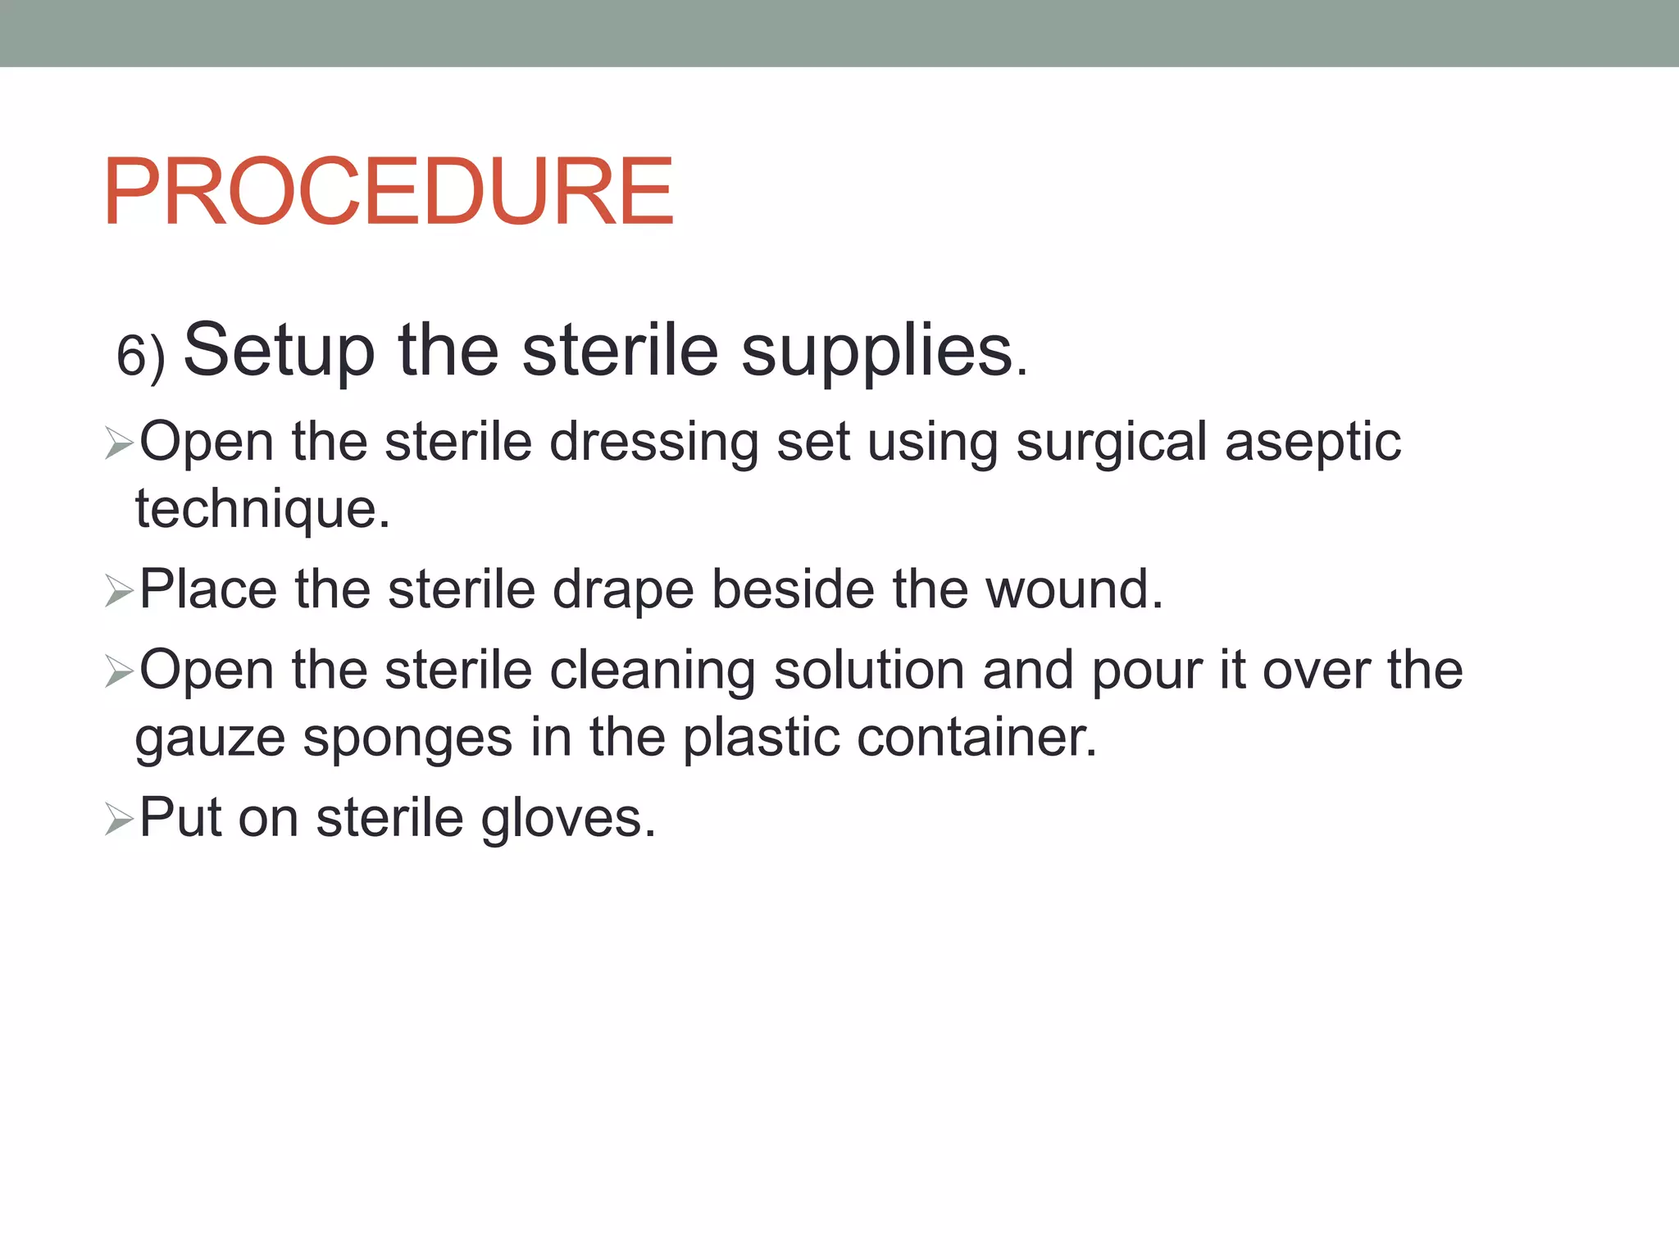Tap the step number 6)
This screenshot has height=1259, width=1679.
click(x=141, y=357)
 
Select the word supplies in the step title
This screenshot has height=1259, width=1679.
click(x=877, y=352)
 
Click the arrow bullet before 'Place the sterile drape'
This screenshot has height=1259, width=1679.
click(x=119, y=591)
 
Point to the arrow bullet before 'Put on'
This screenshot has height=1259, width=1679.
click(x=119, y=819)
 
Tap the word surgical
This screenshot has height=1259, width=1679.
click(x=1111, y=443)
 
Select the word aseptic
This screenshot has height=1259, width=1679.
click(x=1313, y=443)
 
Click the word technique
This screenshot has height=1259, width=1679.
click(x=262, y=509)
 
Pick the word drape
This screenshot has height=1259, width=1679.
click(x=623, y=589)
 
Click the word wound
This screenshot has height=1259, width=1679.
click(x=1073, y=589)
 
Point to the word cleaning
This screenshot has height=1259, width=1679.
click(x=652, y=671)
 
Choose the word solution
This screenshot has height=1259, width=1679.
click(x=868, y=670)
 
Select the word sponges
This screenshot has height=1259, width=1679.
click(x=407, y=739)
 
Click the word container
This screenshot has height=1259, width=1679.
click(x=976, y=737)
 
